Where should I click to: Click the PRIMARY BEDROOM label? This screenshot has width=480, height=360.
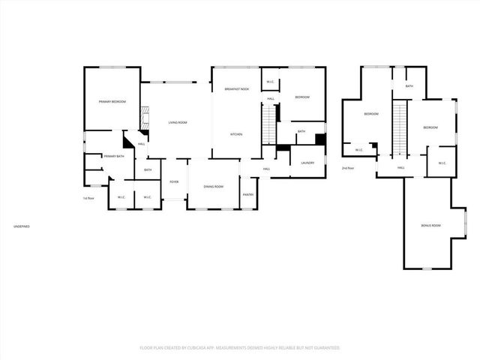(112, 101)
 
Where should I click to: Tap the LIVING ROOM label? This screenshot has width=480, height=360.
(177, 122)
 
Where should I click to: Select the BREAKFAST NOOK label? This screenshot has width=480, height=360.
(236, 89)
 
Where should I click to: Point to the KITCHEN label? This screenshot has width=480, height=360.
(236, 134)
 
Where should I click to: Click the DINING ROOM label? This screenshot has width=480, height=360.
(214, 186)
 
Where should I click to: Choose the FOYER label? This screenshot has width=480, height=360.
(174, 181)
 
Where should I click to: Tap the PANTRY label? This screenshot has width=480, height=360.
(248, 195)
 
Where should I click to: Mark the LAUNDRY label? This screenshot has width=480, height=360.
(307, 163)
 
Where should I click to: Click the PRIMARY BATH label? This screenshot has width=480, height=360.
(114, 156)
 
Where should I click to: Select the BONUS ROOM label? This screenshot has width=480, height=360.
(430, 226)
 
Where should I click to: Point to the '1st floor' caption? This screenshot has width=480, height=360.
(88, 198)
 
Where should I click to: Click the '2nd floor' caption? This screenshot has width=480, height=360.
(347, 168)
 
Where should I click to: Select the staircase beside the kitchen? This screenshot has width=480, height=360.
(268, 124)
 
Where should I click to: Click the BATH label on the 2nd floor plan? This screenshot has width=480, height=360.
(409, 86)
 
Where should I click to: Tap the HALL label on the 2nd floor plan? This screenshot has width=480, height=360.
(401, 168)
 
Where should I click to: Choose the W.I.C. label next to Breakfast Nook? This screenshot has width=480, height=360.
(271, 82)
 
